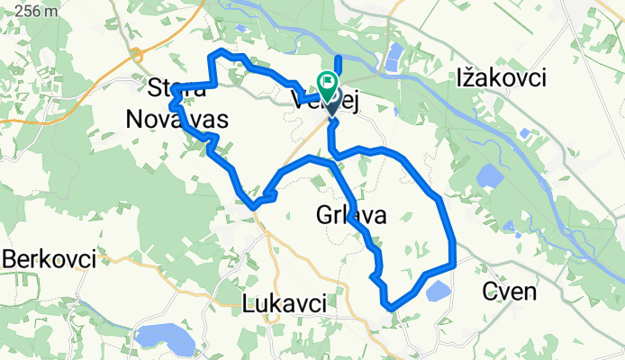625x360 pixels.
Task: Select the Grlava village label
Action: click(351, 215)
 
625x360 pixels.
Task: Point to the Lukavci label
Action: click(285, 304)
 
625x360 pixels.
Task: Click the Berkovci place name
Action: click(49, 259)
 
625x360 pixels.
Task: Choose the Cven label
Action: click(510, 292)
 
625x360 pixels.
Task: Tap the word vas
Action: click(205, 119)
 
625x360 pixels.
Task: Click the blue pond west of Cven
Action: click(438, 291)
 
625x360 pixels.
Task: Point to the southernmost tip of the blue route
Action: click(391, 308)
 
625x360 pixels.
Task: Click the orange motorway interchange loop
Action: click(136, 55)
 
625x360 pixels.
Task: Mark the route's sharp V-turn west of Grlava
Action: click(255, 205)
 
